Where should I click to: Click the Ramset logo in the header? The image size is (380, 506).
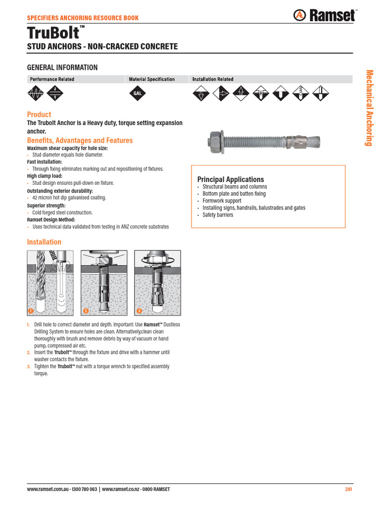pos(325,16)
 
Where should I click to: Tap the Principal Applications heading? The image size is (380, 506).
pos(231,179)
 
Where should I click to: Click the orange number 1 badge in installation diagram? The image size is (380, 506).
pos(31,311)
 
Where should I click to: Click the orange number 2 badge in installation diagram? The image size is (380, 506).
pos(86,311)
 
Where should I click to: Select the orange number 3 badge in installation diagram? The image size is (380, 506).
pos(139,311)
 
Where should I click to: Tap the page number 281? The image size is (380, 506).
pos(348,490)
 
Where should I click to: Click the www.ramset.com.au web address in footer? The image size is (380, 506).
pos(46,490)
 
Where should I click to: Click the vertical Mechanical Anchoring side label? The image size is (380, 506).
pos(369,108)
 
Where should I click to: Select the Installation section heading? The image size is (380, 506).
pos(44,242)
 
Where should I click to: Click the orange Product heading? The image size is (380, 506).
pos(39,115)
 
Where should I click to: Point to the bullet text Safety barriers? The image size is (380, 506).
pos(218,215)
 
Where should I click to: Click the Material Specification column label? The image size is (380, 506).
pos(151,79)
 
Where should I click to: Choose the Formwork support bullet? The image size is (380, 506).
pos(222,201)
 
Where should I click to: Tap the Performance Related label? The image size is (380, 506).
pos(52,79)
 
